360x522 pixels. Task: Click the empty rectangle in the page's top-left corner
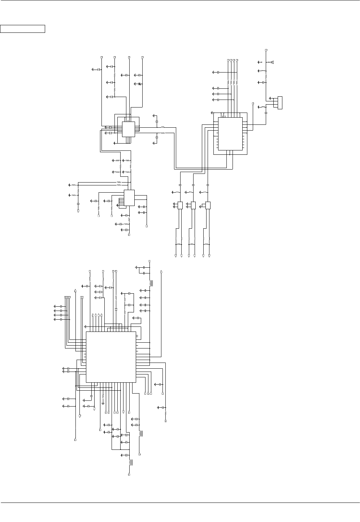pyautogui.click(x=23, y=29)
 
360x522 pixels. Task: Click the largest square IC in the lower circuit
pyautogui.click(x=111, y=357)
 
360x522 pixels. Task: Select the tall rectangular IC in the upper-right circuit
pyautogui.click(x=230, y=133)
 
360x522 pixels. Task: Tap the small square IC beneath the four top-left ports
pyautogui.click(x=128, y=129)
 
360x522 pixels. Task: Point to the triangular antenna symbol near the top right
pyautogui.click(x=272, y=62)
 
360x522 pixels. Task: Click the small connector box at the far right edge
pyautogui.click(x=280, y=102)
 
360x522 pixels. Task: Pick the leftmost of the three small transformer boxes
pyautogui.click(x=180, y=205)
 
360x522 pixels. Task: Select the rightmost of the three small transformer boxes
pyautogui.click(x=208, y=205)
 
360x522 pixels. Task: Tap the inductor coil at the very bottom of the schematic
pyautogui.click(x=130, y=462)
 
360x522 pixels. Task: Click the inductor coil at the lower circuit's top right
pyautogui.click(x=151, y=283)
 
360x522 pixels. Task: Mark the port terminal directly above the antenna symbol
pyautogui.click(x=266, y=49)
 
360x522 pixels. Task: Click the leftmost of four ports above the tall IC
pyautogui.click(x=228, y=60)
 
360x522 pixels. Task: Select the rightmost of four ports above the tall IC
pyautogui.click(x=237, y=60)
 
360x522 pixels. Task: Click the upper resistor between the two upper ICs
pyautogui.click(x=162, y=127)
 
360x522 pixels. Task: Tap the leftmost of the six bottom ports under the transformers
pyautogui.click(x=176, y=256)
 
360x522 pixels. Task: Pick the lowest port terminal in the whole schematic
pyautogui.click(x=129, y=474)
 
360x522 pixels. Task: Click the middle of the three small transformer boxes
pyautogui.click(x=193, y=205)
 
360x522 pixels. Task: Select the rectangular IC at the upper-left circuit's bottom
pyautogui.click(x=129, y=198)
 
